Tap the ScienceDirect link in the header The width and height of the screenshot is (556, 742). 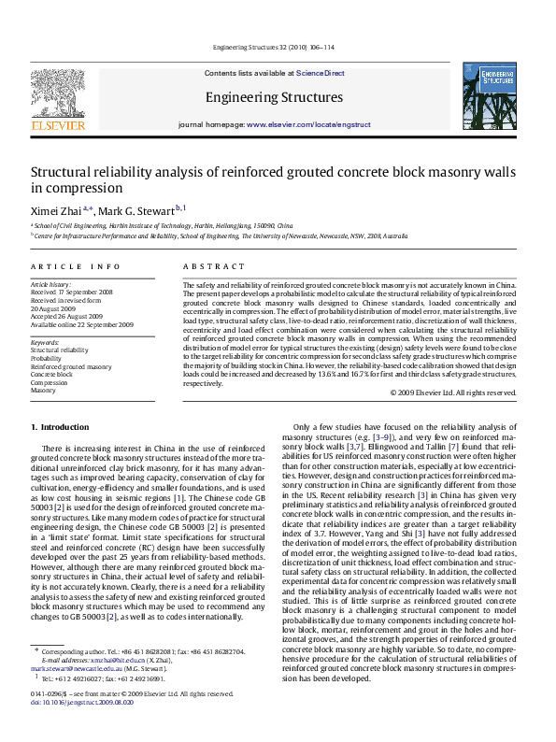pos(321,73)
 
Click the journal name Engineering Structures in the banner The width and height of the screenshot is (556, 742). pos(274,97)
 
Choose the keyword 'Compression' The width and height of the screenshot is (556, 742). pos(49,383)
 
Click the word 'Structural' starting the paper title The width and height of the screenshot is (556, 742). pos(64,172)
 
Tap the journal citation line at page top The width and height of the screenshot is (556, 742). pos(277,47)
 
